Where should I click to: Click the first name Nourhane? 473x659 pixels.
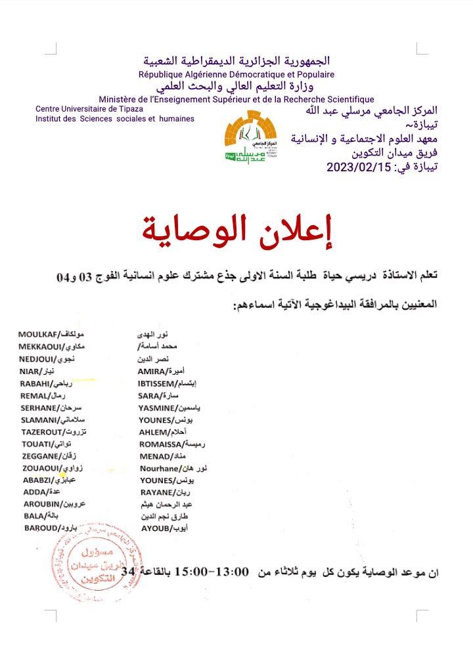click(x=160, y=469)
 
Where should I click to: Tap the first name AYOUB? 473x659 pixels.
click(x=154, y=528)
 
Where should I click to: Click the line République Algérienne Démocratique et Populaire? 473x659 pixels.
click(x=236, y=75)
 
